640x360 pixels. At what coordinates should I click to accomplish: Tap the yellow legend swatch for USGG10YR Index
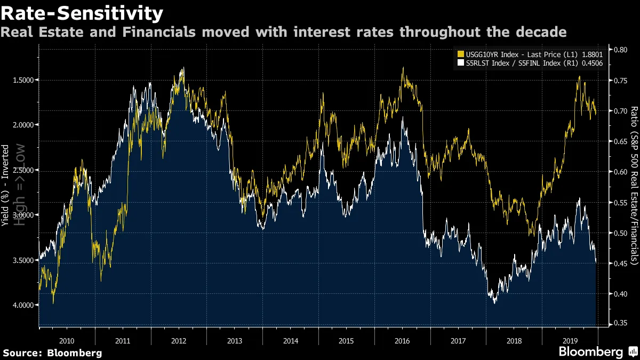point(461,53)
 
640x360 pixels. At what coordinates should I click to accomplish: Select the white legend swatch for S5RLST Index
point(461,62)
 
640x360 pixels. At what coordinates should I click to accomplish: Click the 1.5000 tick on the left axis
point(22,80)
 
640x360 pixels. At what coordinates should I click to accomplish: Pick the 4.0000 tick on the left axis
point(22,305)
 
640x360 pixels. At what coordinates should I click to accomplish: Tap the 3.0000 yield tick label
point(22,215)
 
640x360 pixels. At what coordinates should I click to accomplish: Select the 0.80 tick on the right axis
point(621,49)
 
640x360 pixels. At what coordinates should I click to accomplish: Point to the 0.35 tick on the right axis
point(621,323)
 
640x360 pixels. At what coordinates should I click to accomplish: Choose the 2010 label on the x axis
point(67,340)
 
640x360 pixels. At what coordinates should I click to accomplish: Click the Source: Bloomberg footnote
point(52,353)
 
